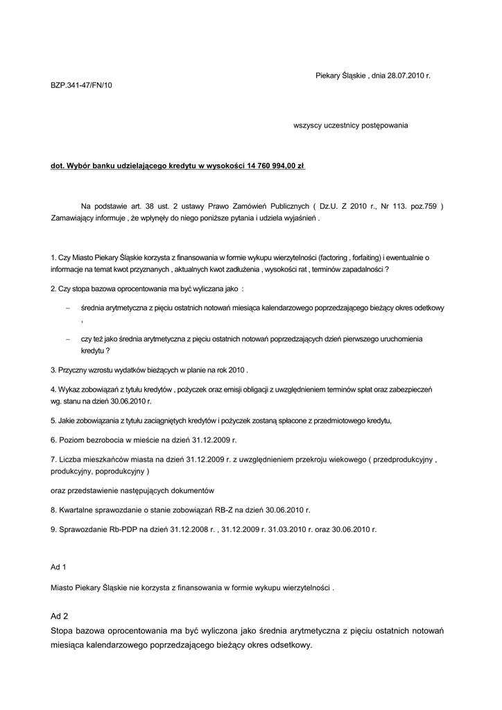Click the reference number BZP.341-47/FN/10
81,86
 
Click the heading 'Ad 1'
59,567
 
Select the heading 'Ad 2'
60,616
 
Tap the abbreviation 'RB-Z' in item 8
207,510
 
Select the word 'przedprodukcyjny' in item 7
404,459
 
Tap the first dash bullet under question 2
67,307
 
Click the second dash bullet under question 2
67,339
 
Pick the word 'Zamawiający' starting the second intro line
73,218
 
